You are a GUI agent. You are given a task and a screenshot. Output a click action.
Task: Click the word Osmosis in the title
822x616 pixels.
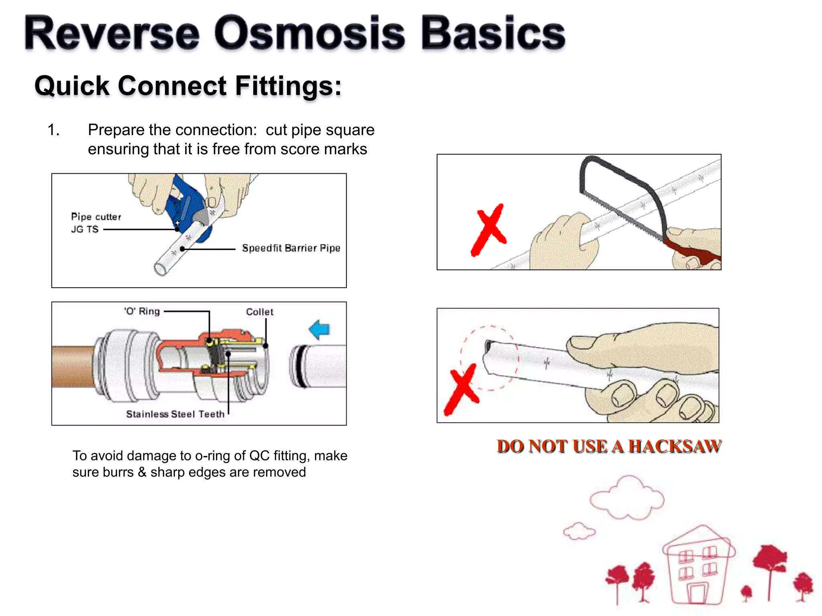(309, 34)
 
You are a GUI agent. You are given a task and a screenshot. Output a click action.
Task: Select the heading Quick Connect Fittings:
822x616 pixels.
(188, 86)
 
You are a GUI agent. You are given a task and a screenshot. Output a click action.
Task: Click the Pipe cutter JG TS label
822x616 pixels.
(96, 223)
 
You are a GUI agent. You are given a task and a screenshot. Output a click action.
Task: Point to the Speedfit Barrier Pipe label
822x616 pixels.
(291, 248)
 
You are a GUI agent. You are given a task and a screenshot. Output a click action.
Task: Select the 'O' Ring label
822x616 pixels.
(142, 311)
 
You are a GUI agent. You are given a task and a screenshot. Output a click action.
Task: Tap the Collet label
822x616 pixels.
(259, 312)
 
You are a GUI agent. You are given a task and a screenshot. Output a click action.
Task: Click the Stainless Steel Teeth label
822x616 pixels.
(175, 414)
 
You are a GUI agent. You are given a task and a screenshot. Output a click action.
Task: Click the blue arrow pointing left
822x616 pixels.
(319, 329)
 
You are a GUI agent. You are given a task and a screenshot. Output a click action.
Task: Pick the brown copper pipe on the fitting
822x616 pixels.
(72, 366)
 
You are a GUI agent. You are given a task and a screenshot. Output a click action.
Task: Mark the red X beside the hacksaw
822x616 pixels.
(488, 230)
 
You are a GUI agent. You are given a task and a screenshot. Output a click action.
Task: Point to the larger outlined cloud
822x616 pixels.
(627, 498)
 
